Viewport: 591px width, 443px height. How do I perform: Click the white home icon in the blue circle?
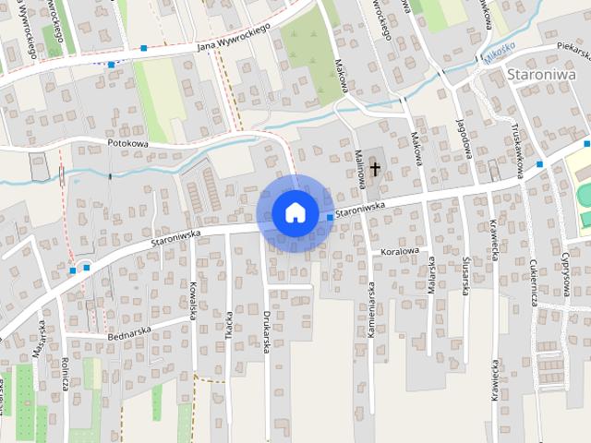(x=295, y=212)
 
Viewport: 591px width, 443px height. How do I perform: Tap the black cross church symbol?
(x=375, y=168)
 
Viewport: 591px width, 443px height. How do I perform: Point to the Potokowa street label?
(x=127, y=144)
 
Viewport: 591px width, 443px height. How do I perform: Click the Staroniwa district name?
(x=541, y=75)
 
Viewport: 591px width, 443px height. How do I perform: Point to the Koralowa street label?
(x=400, y=250)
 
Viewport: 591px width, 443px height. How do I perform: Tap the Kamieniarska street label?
(x=372, y=308)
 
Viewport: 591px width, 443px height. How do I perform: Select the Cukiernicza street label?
(x=534, y=281)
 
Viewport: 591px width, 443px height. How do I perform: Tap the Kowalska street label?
(x=194, y=300)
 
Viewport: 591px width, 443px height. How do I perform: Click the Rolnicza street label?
(x=66, y=374)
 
